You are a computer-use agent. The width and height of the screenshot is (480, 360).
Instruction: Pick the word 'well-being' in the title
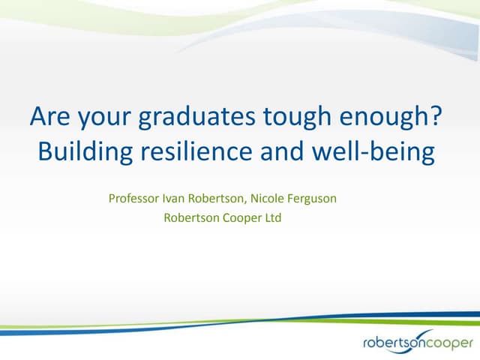click(382, 152)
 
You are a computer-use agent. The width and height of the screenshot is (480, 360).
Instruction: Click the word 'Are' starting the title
click(46, 118)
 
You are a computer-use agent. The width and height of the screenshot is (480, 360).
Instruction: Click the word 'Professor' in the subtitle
click(135, 200)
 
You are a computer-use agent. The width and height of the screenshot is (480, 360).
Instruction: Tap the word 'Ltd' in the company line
click(271, 220)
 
